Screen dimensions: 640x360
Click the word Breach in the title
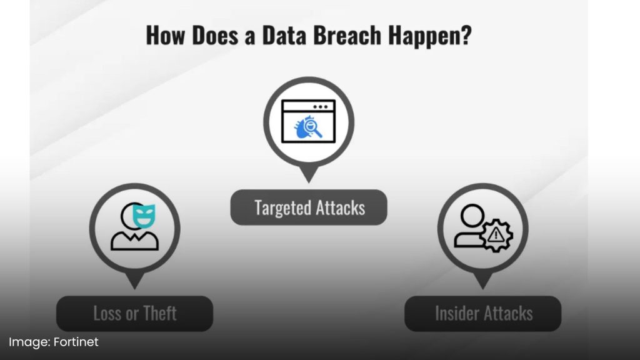click(347, 35)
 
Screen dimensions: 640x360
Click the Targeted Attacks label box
click(309, 207)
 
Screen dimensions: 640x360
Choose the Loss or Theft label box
click(135, 314)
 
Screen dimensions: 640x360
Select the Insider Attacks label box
click(483, 314)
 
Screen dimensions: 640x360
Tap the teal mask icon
click(144, 216)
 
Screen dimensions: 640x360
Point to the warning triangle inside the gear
click(496, 235)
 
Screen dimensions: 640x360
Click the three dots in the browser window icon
click(321, 107)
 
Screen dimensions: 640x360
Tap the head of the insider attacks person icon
click(472, 216)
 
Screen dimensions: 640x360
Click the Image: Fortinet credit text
click(54, 342)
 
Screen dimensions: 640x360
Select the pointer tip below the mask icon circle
click(135, 289)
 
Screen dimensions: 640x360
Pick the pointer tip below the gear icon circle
click(483, 289)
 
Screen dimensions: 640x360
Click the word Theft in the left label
click(160, 314)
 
